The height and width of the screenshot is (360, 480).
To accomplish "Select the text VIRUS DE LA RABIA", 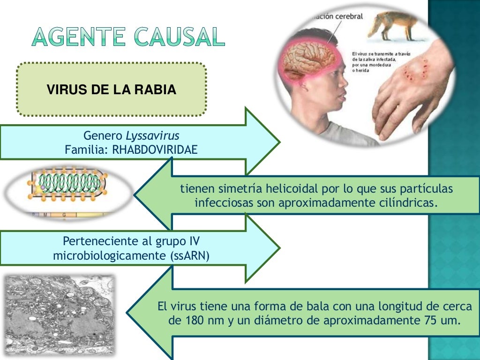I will pos(112,90).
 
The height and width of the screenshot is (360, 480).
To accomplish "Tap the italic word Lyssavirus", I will pos(152,136).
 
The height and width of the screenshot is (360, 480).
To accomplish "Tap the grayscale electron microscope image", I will pos(59,315).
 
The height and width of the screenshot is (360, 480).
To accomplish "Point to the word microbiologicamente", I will pos(108,256).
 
